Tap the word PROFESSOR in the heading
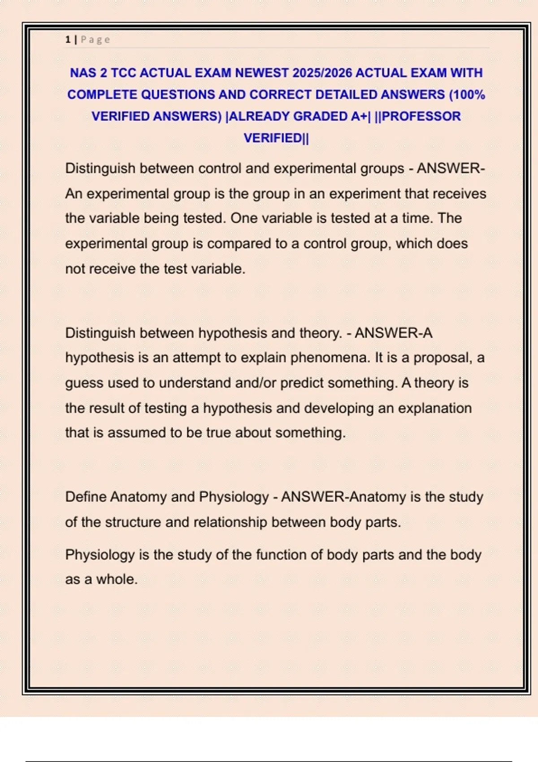tap(421, 116)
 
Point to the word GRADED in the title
tap(320, 116)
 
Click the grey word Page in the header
tap(95, 40)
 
